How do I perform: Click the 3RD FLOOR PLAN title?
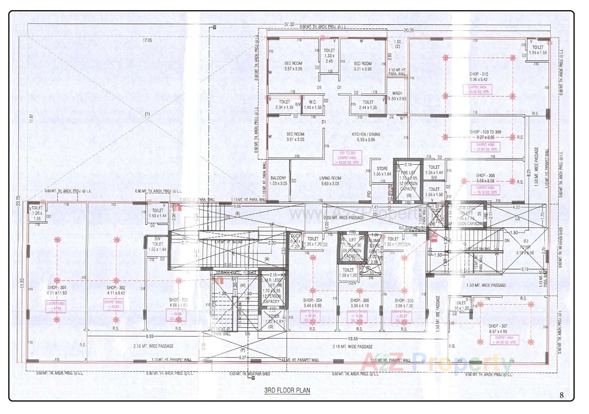(x=287, y=390)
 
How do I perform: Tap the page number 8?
(x=561, y=395)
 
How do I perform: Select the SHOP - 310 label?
(x=478, y=74)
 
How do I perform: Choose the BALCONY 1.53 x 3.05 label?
(x=278, y=181)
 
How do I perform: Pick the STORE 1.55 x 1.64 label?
(x=382, y=171)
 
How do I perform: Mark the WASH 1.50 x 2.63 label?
(x=397, y=96)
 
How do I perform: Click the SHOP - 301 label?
(x=57, y=290)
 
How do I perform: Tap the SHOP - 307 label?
(x=498, y=328)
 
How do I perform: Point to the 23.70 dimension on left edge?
(x=19, y=201)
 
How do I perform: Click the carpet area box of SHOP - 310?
(x=477, y=89)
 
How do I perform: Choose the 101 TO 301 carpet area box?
(x=347, y=158)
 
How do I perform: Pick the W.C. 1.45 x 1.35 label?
(x=313, y=105)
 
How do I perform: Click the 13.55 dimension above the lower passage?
(x=353, y=339)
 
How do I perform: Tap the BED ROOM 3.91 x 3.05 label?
(x=295, y=137)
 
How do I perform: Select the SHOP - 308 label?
(x=485, y=178)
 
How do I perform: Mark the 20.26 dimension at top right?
(x=408, y=30)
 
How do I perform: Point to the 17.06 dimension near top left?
(x=147, y=40)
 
